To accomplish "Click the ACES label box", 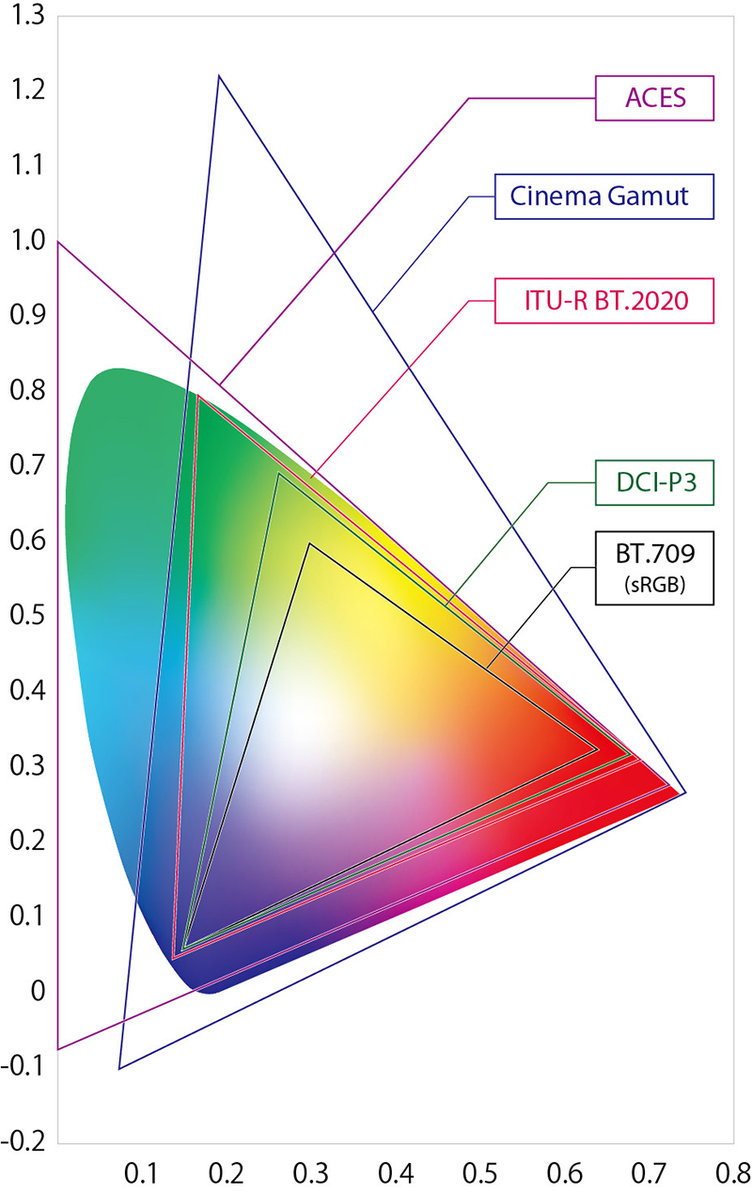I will [x=656, y=98].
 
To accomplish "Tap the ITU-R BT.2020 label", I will [x=605, y=301].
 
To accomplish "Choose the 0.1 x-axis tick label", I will [x=141, y=1172].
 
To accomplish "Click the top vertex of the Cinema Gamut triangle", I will [x=218, y=75].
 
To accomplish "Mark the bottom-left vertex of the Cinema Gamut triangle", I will [x=119, y=1069].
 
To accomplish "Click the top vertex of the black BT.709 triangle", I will [x=309, y=543].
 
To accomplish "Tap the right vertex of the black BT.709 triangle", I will [x=598, y=749].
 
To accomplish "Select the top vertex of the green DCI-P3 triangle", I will [x=279, y=473].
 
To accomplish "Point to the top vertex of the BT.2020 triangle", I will [x=197, y=396].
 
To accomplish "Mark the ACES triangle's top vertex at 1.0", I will [x=58, y=242].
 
